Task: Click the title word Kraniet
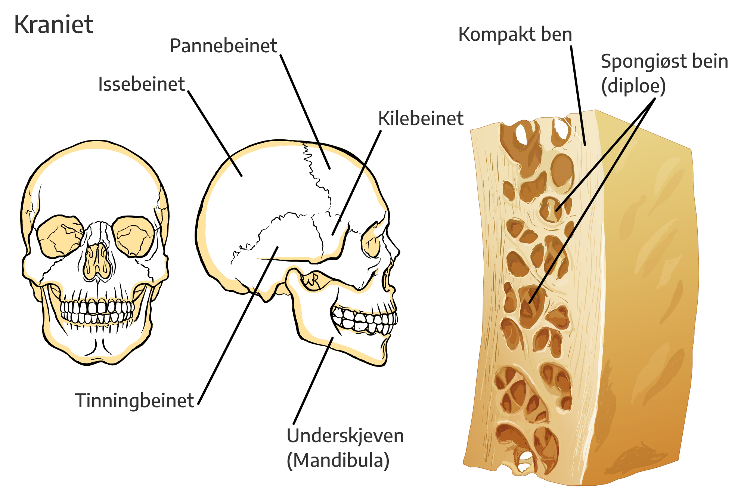[x=53, y=25]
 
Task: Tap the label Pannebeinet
[x=223, y=46]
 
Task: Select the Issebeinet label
[x=142, y=84]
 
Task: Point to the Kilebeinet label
[x=421, y=118]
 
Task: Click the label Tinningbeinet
[x=134, y=401]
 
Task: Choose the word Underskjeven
[x=345, y=436]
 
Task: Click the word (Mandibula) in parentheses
[x=338, y=460]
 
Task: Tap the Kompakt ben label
[x=515, y=34]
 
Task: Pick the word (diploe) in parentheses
[x=633, y=86]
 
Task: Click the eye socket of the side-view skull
[x=371, y=239]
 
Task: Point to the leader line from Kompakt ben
[x=578, y=96]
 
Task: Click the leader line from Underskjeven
[x=313, y=381]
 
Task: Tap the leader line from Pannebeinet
[x=305, y=112]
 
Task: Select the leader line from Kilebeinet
[x=357, y=183]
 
